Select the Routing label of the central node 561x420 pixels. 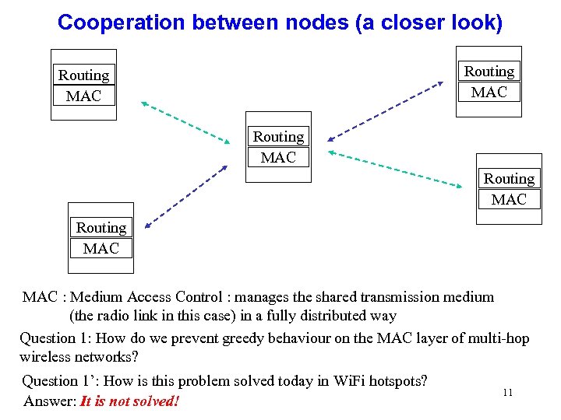[278, 137]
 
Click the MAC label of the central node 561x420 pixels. [278, 157]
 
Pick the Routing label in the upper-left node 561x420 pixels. [83, 75]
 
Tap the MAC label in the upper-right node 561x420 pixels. [489, 92]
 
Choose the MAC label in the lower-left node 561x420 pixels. [101, 248]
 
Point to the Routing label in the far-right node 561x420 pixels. [509, 179]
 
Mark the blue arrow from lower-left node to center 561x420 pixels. [186, 194]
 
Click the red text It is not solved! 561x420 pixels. [129, 401]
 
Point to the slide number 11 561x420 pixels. [507, 393]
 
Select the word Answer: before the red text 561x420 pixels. [50, 401]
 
